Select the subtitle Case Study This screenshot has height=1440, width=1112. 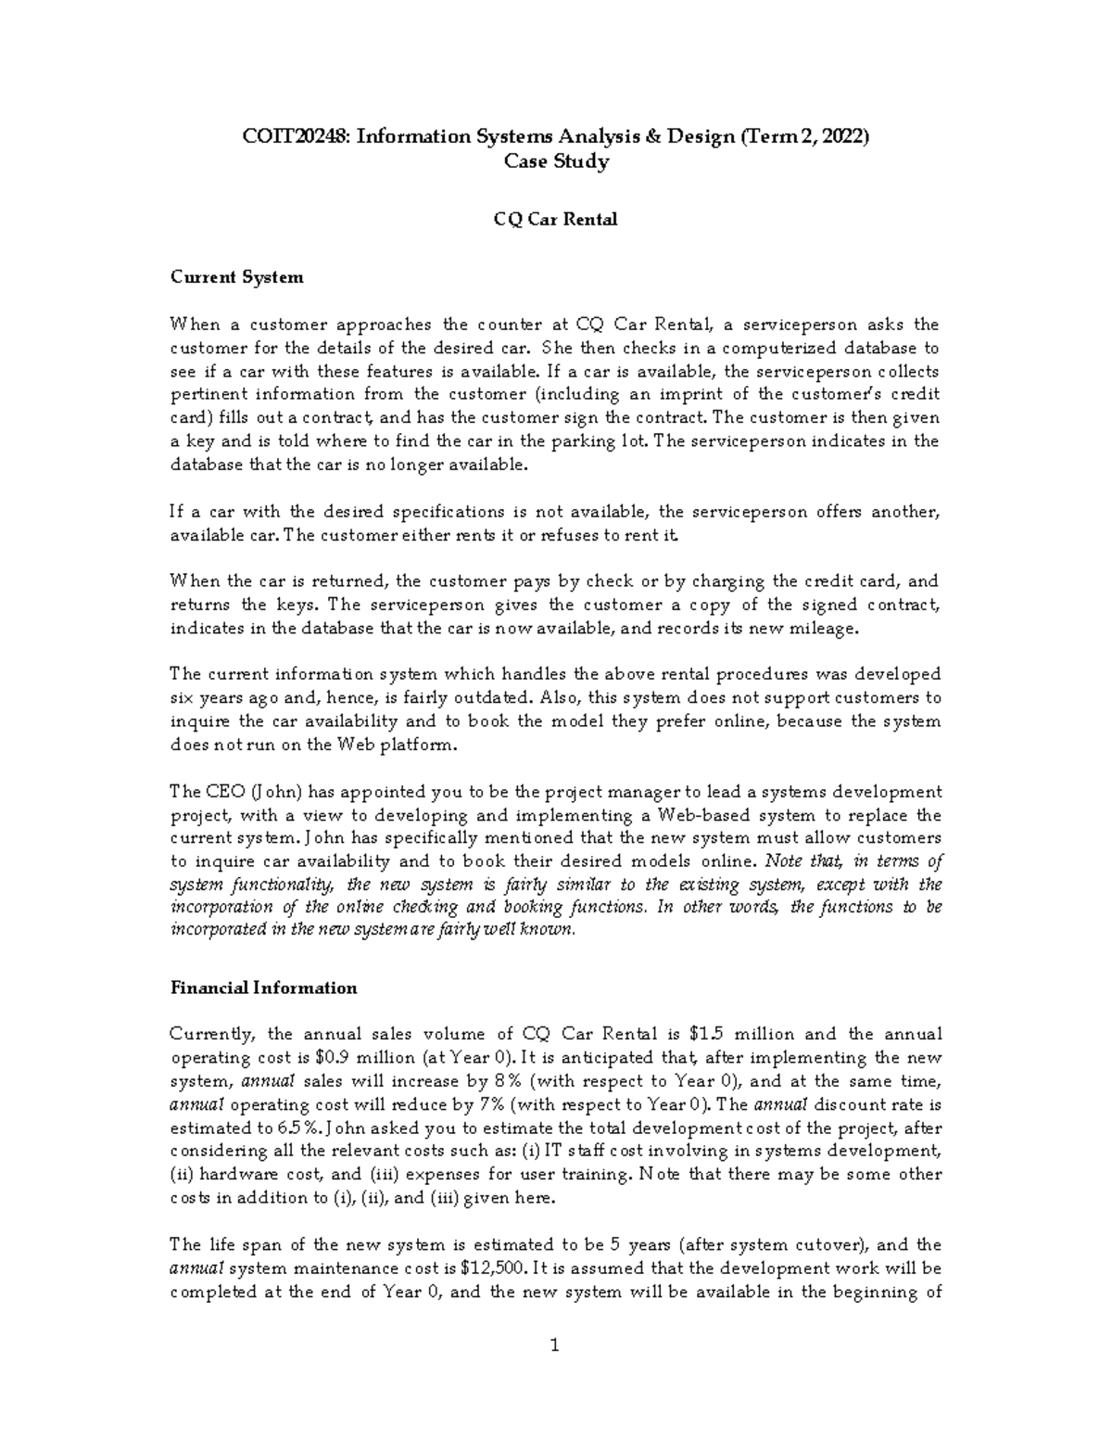click(555, 161)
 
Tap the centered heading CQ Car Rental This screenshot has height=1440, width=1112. click(555, 220)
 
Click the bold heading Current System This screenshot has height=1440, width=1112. click(236, 277)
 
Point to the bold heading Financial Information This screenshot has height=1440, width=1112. click(263, 988)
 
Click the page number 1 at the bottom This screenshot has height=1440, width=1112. click(555, 1346)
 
